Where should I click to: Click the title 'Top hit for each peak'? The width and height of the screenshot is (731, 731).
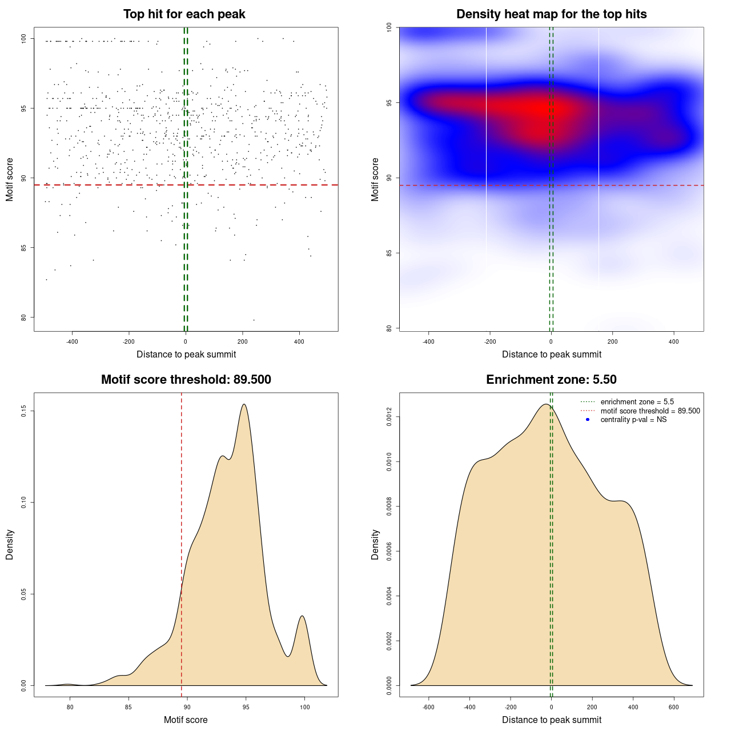(184, 14)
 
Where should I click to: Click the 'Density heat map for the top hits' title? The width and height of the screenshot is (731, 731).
(551, 14)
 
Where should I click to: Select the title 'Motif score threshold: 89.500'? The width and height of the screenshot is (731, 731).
(186, 380)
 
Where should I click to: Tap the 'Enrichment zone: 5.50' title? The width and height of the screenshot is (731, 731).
(551, 380)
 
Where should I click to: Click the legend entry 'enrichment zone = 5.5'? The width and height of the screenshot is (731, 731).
(637, 402)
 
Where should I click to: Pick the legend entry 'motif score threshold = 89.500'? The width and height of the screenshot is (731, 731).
(650, 411)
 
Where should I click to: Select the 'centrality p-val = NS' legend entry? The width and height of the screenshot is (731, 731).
(633, 420)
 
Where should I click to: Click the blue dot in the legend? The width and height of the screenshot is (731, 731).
(588, 420)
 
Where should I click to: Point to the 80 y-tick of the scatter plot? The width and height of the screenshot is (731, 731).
(24, 318)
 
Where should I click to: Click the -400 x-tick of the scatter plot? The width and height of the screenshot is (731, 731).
(72, 342)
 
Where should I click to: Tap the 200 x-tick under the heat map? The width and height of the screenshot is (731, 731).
(613, 342)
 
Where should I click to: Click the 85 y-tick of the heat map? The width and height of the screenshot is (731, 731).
(389, 253)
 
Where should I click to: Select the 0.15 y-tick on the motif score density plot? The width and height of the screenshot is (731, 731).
(24, 411)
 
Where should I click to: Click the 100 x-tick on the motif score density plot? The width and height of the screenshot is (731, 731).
(304, 708)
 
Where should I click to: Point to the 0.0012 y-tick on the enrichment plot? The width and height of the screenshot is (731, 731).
(389, 417)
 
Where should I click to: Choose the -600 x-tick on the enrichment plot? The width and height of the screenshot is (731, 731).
(428, 708)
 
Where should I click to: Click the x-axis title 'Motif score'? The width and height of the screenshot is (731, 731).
(186, 720)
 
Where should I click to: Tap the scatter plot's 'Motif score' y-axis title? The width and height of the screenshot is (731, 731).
(10, 179)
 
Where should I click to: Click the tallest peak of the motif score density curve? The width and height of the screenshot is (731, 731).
(244, 404)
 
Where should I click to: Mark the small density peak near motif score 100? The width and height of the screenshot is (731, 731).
(302, 616)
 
